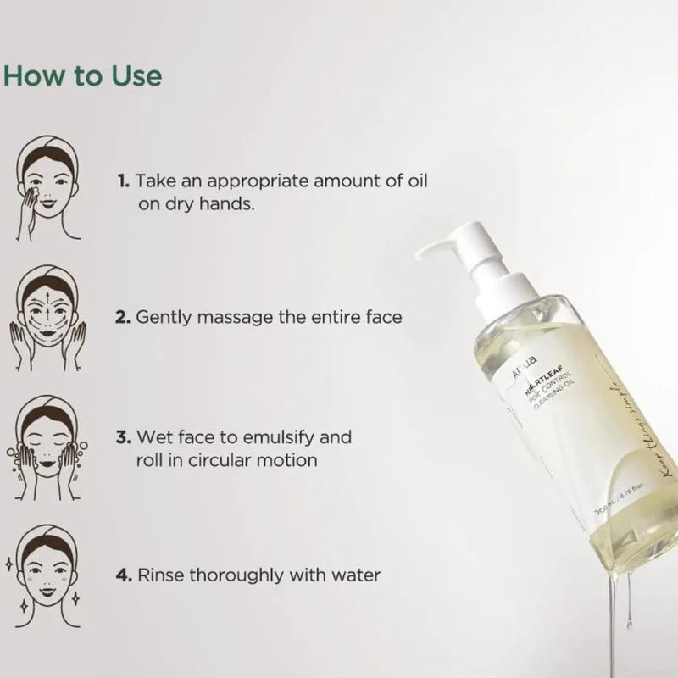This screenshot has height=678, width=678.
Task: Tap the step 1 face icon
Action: click(x=47, y=192)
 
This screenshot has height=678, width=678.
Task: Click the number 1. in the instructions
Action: click(x=124, y=181)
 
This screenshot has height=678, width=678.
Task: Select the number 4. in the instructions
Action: click(x=124, y=575)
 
